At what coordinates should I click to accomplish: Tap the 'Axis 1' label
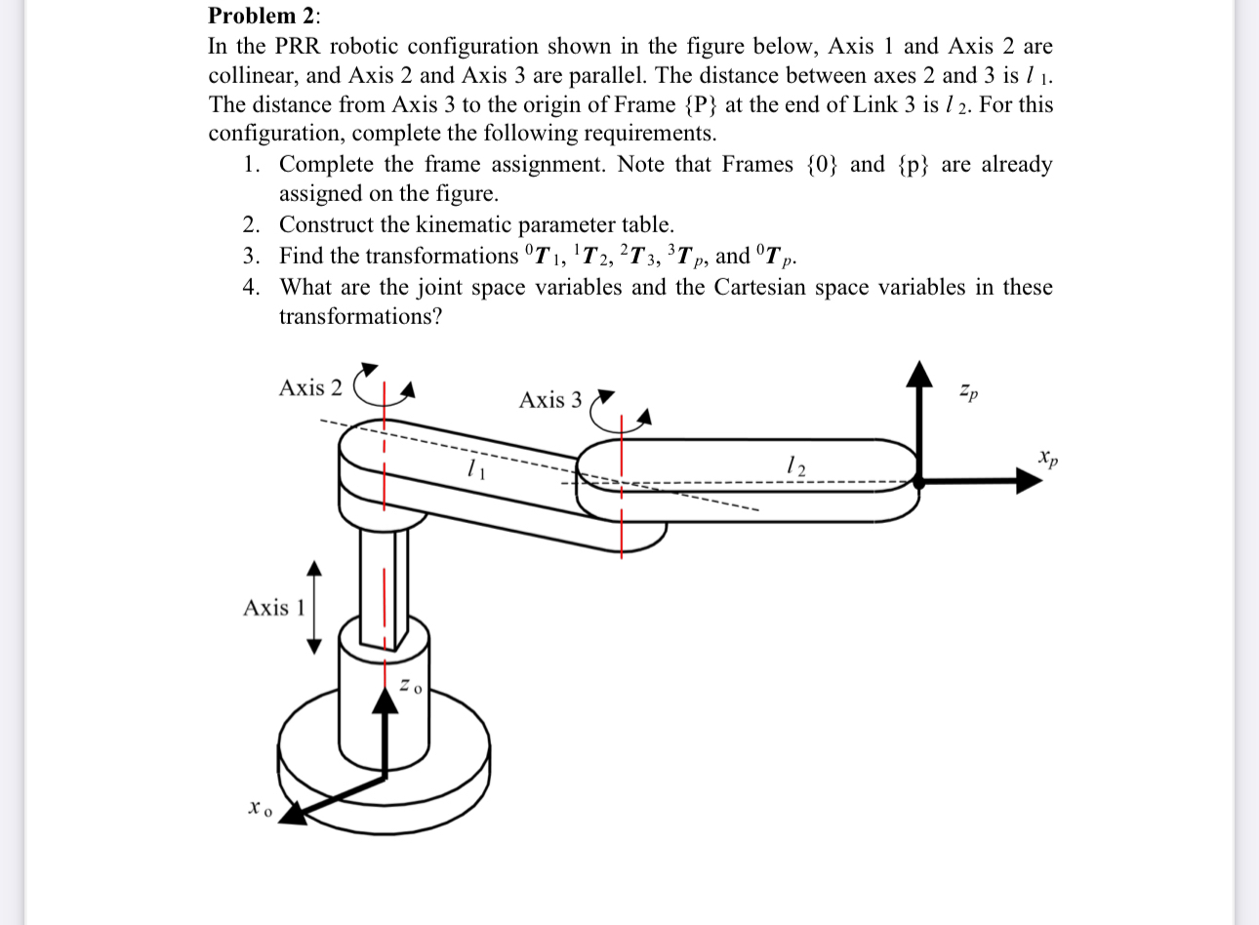274,608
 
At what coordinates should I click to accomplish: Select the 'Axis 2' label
310,388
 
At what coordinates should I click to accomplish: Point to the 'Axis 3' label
550,400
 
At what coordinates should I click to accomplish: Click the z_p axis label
966,393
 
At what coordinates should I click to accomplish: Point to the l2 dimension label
796,466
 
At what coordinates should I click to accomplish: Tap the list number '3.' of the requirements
252,257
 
